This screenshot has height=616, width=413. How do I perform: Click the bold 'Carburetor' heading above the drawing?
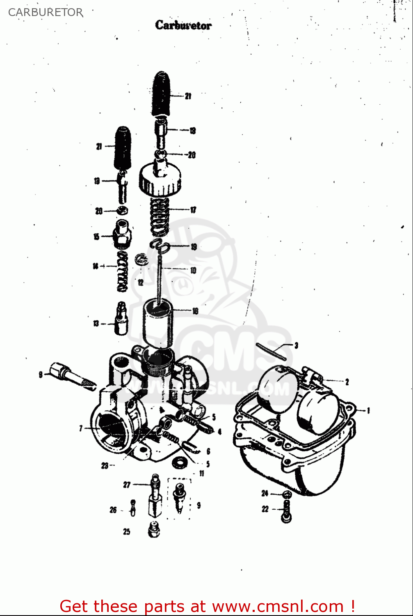183,25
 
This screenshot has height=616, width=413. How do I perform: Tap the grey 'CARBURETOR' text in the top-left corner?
46,12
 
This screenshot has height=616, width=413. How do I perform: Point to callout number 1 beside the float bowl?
368,410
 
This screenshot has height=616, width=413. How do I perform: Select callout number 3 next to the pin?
296,345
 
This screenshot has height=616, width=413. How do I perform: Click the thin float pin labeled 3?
271,352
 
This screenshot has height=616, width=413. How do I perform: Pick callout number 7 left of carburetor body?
81,428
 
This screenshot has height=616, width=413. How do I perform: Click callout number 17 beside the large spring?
193,210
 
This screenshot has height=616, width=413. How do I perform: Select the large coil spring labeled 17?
160,217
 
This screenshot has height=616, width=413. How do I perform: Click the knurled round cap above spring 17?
160,179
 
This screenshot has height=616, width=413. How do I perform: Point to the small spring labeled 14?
123,271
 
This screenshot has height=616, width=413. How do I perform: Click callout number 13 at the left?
96,324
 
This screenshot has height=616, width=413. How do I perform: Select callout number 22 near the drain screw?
265,509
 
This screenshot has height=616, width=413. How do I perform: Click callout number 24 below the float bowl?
265,493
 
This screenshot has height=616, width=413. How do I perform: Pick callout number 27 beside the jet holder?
127,485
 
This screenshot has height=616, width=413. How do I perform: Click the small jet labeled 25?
153,529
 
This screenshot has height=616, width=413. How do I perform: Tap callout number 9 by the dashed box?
199,505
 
